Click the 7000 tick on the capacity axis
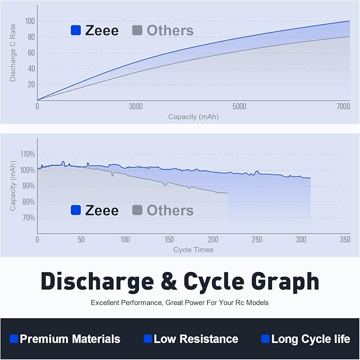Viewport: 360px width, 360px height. (343, 107)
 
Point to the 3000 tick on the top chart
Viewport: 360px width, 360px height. (136, 107)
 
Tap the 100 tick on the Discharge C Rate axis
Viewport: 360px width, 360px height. (30, 21)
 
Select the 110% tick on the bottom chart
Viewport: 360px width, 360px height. (28, 154)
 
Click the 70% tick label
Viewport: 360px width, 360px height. (28, 218)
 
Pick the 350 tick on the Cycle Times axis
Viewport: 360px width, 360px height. (345, 240)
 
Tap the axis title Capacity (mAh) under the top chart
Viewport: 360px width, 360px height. (193, 117)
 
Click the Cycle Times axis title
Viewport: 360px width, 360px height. (193, 250)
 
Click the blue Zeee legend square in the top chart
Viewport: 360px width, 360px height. (76, 31)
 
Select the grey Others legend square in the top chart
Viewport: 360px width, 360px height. (137, 31)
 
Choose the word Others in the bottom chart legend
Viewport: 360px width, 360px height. (170, 210)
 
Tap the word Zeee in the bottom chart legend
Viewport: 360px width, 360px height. (102, 210)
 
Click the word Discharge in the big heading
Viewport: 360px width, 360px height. (100, 281)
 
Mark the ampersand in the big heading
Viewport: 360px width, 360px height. (169, 282)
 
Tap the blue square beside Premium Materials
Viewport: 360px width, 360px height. (14, 339)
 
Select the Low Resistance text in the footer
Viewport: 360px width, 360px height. (196, 339)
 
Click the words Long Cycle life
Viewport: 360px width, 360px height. (311, 339)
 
